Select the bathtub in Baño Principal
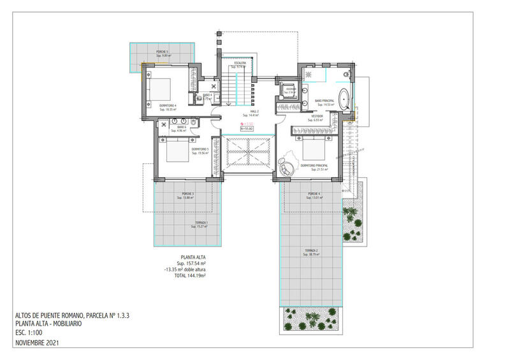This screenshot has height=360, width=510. tap(344, 100)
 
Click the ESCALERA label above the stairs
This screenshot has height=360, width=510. tap(240, 63)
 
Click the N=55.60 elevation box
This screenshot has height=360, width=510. tap(246, 128)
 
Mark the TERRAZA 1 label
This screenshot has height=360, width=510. tap(201, 224)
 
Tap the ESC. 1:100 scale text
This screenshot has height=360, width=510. tap(30, 333)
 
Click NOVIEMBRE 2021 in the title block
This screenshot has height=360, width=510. tap(39, 343)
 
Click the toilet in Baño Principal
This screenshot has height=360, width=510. tap(347, 76)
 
